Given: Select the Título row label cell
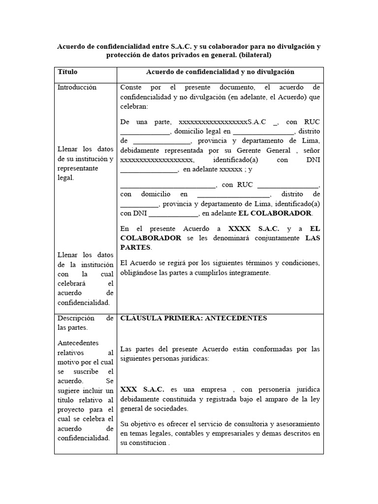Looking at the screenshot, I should (x=67, y=72).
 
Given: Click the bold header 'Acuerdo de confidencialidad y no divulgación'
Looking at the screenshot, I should (x=220, y=72).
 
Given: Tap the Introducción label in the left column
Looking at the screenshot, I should (x=77, y=87).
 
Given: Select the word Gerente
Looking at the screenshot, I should (x=258, y=150).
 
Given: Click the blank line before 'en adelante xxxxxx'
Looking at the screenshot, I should (x=149, y=170).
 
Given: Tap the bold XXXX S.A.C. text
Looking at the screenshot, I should (x=254, y=229).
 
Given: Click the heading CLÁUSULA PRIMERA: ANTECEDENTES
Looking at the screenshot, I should (x=193, y=318).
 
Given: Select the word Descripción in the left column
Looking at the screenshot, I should (x=77, y=318).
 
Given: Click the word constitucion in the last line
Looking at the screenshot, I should (x=148, y=442).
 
